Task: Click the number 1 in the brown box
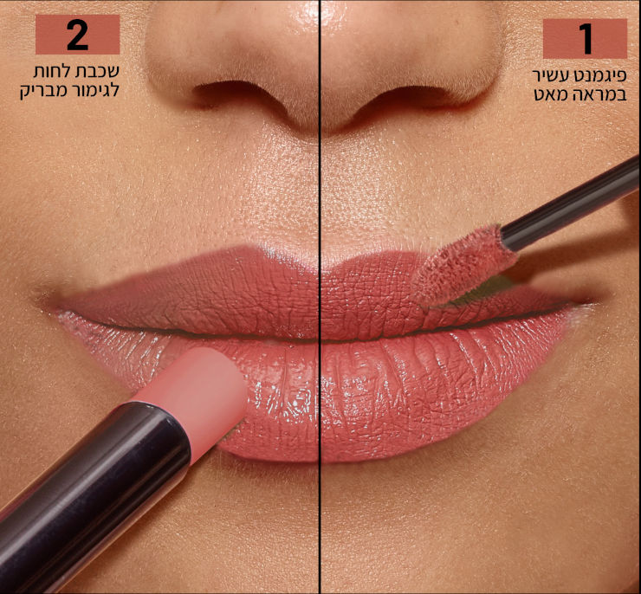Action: click(586, 39)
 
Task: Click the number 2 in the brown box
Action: click(77, 36)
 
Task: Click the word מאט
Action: click(553, 94)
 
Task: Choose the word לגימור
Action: click(92, 90)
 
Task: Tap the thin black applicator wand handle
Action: click(570, 203)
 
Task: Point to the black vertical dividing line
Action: click(320, 297)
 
